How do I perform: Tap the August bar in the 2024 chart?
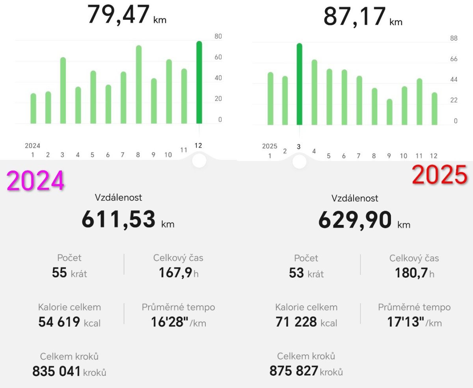[139, 84]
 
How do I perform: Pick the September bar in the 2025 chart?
[389, 112]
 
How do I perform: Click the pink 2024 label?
[35, 181]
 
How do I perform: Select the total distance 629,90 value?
[355, 220]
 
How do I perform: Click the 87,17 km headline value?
[354, 17]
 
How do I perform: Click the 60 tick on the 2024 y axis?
[218, 57]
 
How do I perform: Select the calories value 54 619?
[60, 323]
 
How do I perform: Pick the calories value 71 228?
[296, 322]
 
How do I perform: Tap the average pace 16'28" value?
[169, 323]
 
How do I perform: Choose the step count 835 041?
[57, 371]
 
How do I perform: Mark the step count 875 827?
[294, 371]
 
